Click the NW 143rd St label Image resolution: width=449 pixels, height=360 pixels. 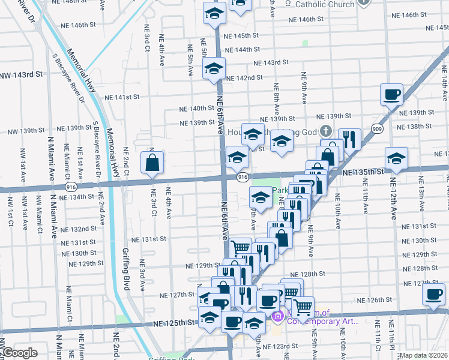coord(22,75)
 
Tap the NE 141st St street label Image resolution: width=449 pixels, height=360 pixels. coord(122,97)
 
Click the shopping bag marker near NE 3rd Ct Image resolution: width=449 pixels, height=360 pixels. coord(152,162)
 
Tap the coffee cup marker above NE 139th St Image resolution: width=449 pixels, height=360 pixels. coord(391,94)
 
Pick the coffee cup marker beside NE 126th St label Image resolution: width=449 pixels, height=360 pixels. coord(433,295)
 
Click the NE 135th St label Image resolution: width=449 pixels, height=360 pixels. coord(362,172)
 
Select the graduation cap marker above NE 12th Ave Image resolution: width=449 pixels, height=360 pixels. coord(395,158)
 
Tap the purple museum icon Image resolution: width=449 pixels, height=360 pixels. coord(278,316)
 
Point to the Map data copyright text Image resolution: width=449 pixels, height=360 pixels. coord(423,355)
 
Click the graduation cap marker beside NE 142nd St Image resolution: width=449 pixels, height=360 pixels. coord(213,69)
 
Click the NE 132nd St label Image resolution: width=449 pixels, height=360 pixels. coord(79,229)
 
